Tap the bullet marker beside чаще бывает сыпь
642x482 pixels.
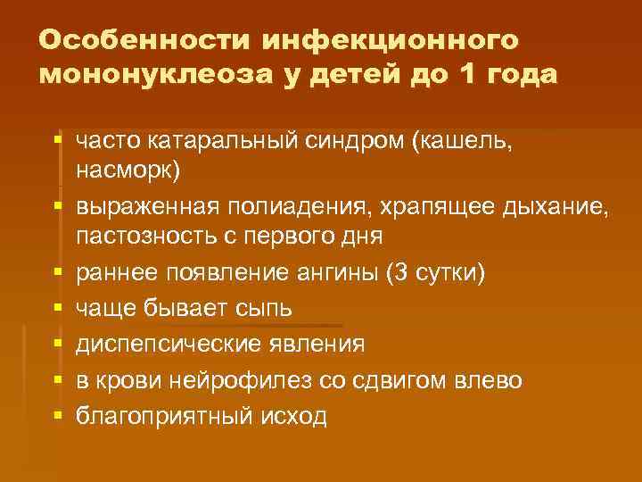pyautogui.click(x=58, y=308)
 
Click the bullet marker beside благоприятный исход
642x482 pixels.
pyautogui.click(x=58, y=415)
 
